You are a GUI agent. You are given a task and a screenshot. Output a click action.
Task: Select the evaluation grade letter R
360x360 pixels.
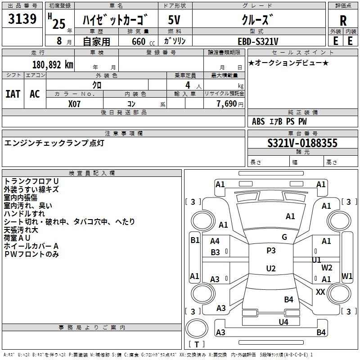pos(343,21)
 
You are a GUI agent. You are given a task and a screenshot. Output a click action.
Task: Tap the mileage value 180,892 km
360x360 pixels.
pos(53,64)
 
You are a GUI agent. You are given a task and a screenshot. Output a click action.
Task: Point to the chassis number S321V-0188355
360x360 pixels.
pos(302,143)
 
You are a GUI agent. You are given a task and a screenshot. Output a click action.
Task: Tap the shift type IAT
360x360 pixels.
pos(13,94)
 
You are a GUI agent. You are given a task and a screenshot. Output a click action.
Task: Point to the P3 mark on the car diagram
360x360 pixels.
pos(271,251)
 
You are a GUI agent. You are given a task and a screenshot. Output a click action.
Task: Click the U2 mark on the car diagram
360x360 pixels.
pos(271,269)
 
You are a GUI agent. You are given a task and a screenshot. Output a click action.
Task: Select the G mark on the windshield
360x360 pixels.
pos(284,237)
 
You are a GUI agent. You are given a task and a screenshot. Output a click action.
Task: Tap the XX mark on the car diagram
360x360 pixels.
pos(320,292)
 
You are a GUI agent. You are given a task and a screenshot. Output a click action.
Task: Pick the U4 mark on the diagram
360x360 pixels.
pos(283,322)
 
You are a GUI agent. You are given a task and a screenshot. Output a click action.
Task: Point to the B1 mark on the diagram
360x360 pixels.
pos(194,240)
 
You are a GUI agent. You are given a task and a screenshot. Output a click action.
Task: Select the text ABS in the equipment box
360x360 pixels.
pos(258,121)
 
